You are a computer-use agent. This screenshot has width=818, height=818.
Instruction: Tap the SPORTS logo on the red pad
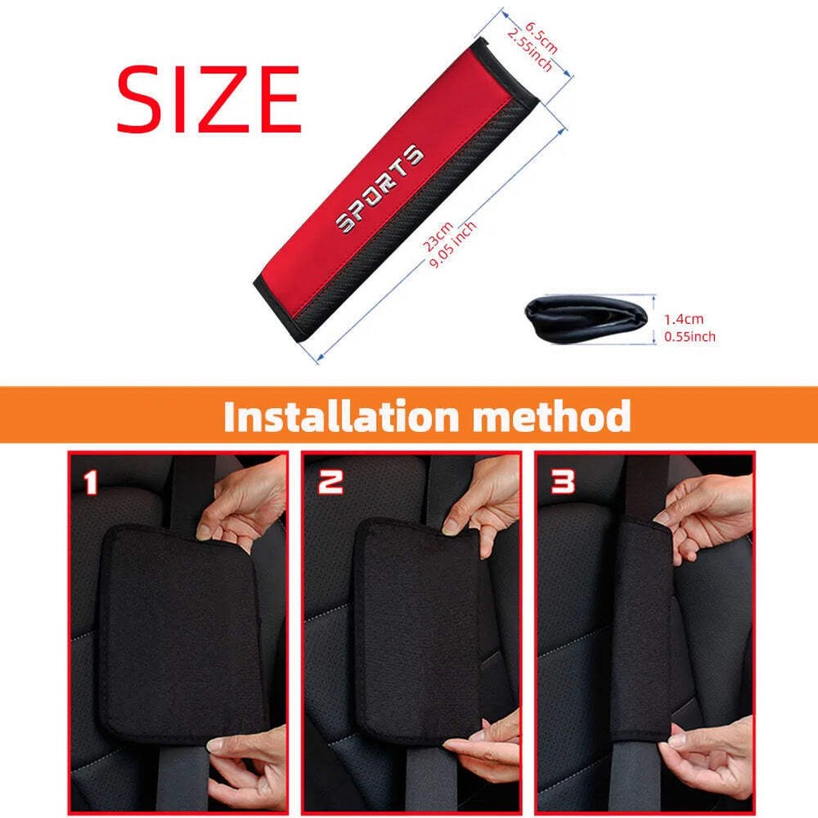click(x=378, y=189)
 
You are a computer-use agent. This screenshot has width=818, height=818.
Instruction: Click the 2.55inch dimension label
click(x=528, y=49)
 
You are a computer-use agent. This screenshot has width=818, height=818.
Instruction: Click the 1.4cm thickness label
click(x=684, y=320)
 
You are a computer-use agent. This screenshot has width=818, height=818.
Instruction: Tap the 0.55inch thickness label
click(x=689, y=337)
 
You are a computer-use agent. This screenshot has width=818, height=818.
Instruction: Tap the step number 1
click(x=92, y=483)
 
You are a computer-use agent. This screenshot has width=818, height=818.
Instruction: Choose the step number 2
click(x=330, y=482)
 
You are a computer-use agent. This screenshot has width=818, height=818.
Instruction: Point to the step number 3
click(x=562, y=482)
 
